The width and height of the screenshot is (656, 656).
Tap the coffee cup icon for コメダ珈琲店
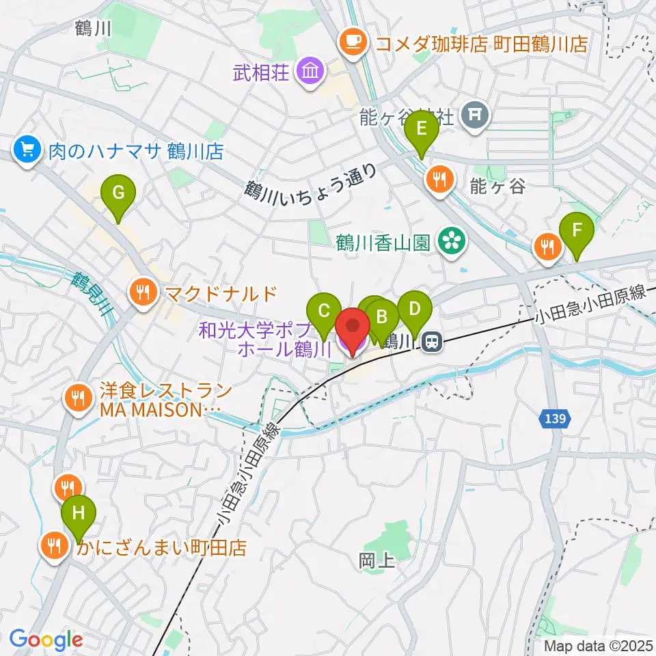pyautogui.click(x=353, y=43)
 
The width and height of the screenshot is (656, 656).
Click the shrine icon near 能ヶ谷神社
pyautogui.click(x=474, y=114)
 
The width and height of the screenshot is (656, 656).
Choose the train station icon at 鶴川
pyautogui.click(x=430, y=341)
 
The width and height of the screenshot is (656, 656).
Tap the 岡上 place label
pyautogui.click(x=376, y=562)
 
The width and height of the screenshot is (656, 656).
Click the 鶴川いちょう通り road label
pyautogui.click(x=312, y=184)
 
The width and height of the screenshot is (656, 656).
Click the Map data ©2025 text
pyautogui.click(x=599, y=645)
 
